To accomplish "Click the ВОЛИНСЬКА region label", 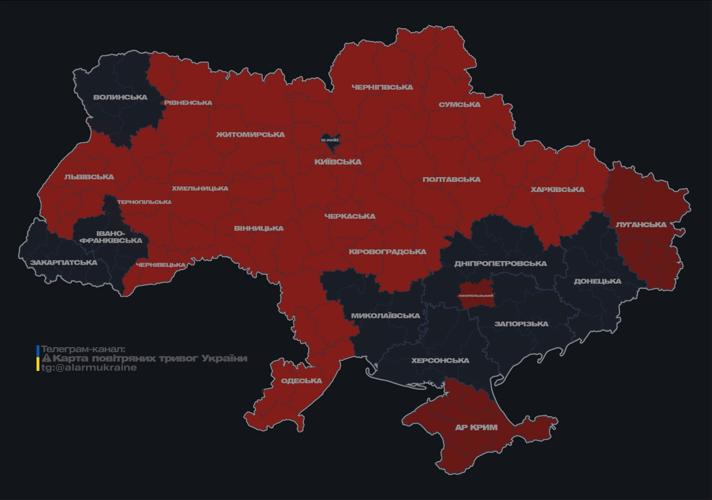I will tap(120, 97).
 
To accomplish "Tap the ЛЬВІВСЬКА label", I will tap(89, 176).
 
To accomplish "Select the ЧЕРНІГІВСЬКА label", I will tap(382, 87).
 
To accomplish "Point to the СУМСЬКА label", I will tap(459, 104).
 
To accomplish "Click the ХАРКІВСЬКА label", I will tap(557, 189).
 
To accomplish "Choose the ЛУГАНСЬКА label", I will tap(641, 225).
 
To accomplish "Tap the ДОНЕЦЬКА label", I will tap(597, 281).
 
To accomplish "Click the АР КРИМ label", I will tap(476, 428).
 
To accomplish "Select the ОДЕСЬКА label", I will tap(301, 381).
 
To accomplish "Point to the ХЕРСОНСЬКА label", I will tap(440, 360).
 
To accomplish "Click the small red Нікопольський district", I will tap(476, 295).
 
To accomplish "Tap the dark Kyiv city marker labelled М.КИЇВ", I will tap(330, 139).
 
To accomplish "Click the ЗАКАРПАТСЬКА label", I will tap(63, 262).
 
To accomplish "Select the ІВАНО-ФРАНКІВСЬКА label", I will tap(111, 236).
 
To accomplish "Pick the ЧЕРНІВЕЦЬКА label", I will tap(161, 265).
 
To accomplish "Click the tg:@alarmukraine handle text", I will tap(89, 367).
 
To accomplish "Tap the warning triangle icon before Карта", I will tap(46, 358).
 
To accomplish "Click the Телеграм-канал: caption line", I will tap(83, 349).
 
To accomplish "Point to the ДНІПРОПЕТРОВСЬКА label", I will tap(500, 264).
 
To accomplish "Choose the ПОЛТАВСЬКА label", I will tap(451, 179).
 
